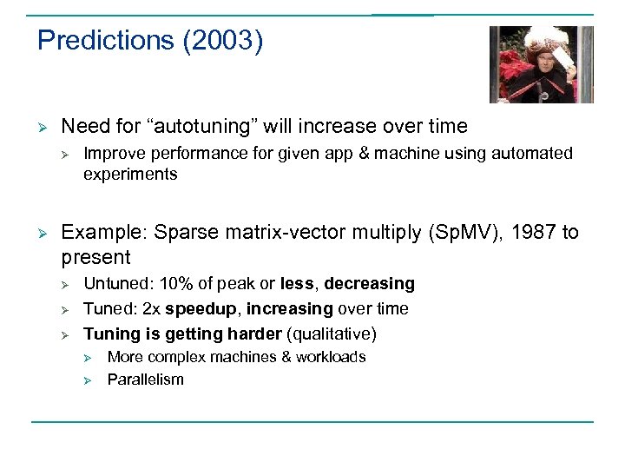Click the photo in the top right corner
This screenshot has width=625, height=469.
pos(541,64)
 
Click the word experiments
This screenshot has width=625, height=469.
pos(130,174)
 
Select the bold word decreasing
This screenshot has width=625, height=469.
pos(370,284)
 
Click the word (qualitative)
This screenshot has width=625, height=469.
pos(335,334)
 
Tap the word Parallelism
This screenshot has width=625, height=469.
pos(145,380)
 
